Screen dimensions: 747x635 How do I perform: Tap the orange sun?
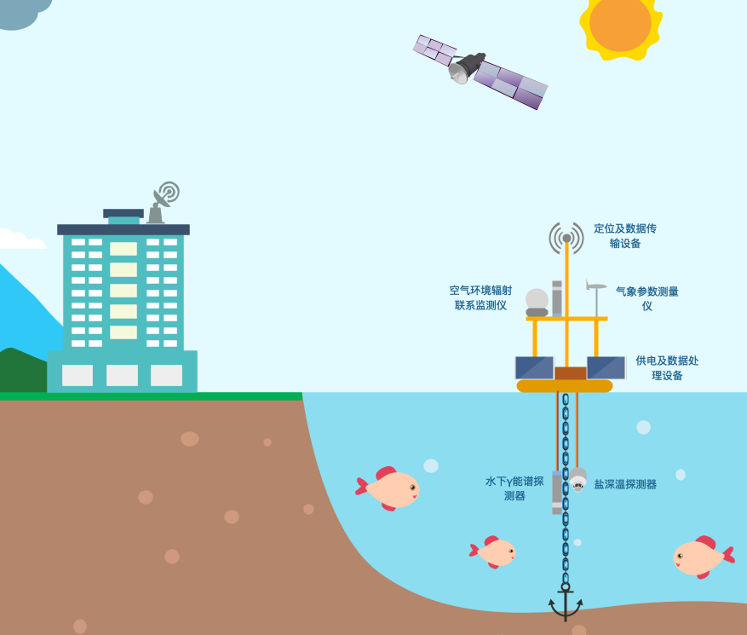620,23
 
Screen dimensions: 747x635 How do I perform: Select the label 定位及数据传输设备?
625,236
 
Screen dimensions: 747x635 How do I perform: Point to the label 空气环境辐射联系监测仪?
481,297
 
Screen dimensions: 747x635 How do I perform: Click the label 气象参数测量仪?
647,298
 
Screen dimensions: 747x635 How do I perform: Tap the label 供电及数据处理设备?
667,367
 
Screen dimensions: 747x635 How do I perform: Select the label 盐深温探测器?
625,484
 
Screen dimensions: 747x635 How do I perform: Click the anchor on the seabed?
565,603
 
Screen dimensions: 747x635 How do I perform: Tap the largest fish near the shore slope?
389,488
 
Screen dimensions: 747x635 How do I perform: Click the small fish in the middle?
494,551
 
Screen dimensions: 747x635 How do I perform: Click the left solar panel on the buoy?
534,368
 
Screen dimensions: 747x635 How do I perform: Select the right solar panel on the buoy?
606,368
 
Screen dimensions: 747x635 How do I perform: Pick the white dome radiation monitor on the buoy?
537,301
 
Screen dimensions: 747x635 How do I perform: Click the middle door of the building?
122,375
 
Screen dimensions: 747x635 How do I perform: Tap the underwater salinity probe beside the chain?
578,479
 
